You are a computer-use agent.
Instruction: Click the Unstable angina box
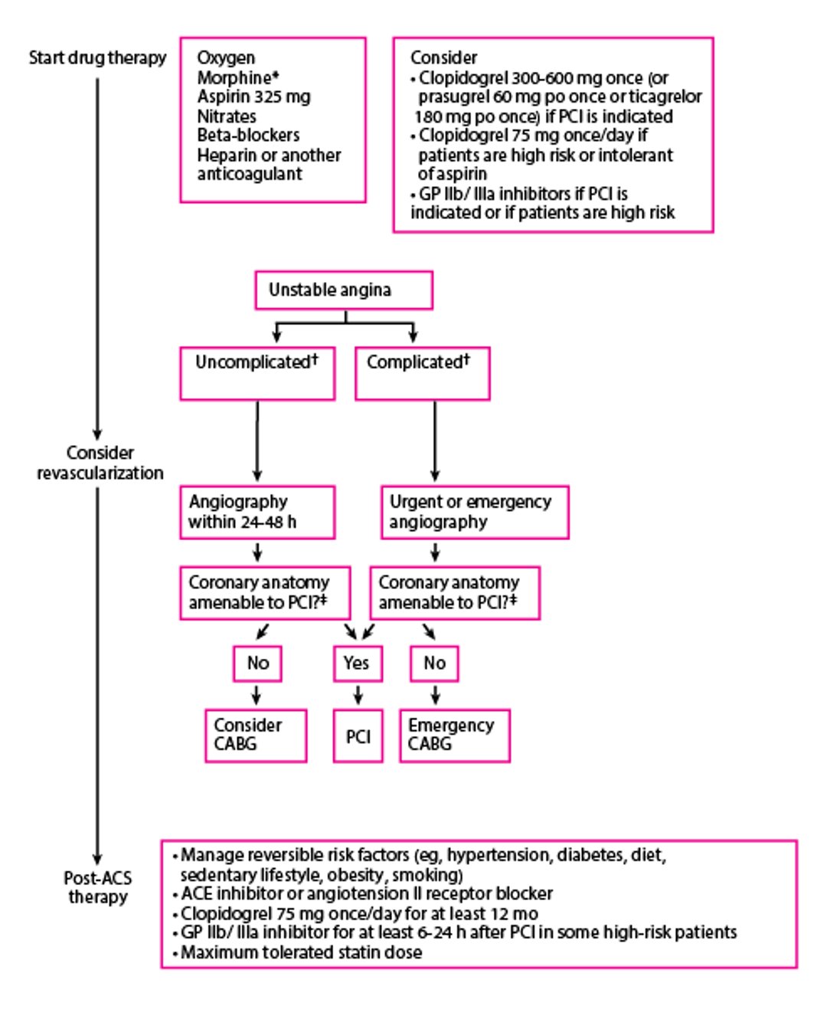[x=344, y=290]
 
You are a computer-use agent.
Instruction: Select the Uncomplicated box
[x=257, y=373]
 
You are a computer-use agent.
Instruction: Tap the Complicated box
[x=422, y=373]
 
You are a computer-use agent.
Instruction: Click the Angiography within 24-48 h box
[x=257, y=512]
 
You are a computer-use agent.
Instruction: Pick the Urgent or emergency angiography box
[x=475, y=512]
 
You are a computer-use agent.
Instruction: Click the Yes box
[x=358, y=663]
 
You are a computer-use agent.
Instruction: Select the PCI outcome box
[x=358, y=736]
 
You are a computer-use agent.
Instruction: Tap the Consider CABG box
[x=256, y=735]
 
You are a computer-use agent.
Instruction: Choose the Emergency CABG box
[x=454, y=735]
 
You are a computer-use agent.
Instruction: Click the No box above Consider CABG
[x=257, y=663]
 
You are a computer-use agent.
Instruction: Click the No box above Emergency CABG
[x=434, y=663]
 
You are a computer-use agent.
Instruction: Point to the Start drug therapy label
[x=97, y=58]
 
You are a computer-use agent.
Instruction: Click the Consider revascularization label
[x=100, y=463]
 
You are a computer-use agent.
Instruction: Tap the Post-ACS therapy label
[x=97, y=887]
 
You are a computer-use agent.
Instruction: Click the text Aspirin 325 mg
[x=253, y=97]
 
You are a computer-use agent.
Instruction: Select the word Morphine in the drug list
[x=234, y=78]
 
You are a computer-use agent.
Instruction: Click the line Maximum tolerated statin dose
[x=300, y=952]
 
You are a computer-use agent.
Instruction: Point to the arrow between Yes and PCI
[x=358, y=696]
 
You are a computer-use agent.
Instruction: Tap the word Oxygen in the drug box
[x=226, y=58]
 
